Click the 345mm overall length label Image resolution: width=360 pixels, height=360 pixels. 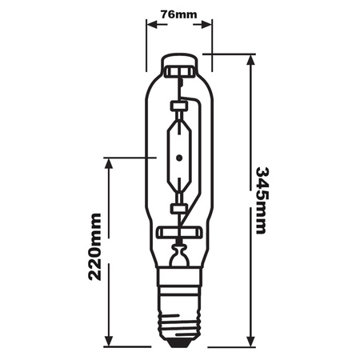point(262,200)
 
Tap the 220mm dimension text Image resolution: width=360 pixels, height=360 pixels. point(96,249)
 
